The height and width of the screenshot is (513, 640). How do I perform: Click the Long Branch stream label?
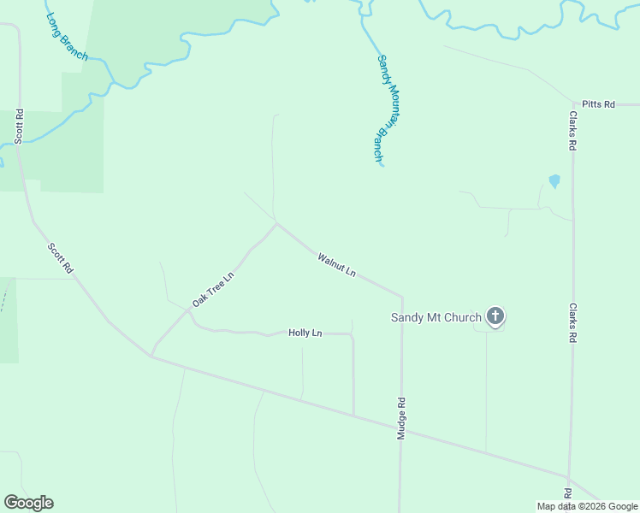coord(68,37)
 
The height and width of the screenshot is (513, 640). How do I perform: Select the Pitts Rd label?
coord(598,104)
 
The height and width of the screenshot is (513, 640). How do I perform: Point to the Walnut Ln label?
coord(336,264)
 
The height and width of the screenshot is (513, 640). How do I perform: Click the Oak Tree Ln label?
coord(212,290)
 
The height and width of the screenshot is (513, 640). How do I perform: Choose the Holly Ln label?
coord(305,333)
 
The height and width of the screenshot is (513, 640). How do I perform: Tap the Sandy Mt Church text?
coord(436,318)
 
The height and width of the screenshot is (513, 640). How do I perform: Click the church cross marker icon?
coord(495,316)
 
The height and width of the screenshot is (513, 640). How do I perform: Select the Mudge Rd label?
coord(400,418)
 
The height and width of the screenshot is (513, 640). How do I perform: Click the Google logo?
coord(28,503)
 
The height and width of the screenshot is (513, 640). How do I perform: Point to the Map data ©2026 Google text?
coord(587,506)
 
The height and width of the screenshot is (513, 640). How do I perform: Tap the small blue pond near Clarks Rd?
coord(554,181)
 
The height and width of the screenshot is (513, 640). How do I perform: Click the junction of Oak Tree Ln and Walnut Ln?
coord(276,224)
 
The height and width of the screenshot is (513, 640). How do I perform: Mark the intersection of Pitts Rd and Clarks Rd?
coord(572,104)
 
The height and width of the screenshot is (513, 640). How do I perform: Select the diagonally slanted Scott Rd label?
coord(61,259)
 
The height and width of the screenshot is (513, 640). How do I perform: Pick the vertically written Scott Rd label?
coord(19,126)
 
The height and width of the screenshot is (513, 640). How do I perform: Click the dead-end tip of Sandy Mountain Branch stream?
coord(381,164)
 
